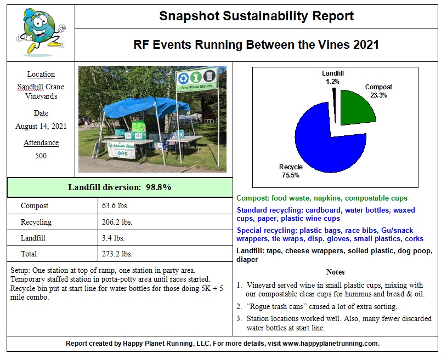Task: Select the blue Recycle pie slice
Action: click(x=324, y=140)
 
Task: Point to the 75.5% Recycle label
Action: click(x=291, y=171)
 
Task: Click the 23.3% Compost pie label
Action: click(x=378, y=91)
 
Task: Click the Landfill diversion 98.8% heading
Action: click(x=120, y=187)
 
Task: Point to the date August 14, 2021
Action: click(x=41, y=126)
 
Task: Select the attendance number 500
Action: click(x=41, y=156)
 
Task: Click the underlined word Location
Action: click(x=41, y=75)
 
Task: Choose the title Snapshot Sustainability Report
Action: click(x=256, y=16)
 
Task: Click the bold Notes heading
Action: click(x=335, y=272)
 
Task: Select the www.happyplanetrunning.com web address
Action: click(x=331, y=344)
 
